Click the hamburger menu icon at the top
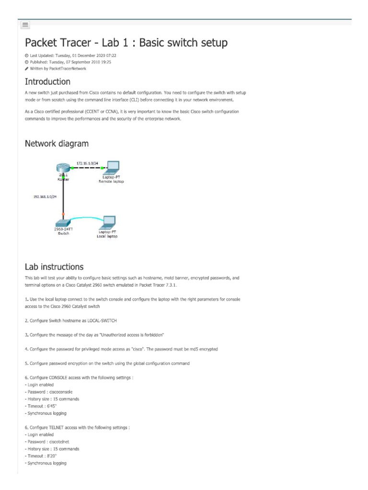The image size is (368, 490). [25, 24]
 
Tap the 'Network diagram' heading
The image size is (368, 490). [57, 143]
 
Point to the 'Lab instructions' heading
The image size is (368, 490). [54, 267]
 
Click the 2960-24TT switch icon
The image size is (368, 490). [63, 223]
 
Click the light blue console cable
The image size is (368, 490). [86, 218]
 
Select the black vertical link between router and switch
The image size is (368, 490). [63, 196]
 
